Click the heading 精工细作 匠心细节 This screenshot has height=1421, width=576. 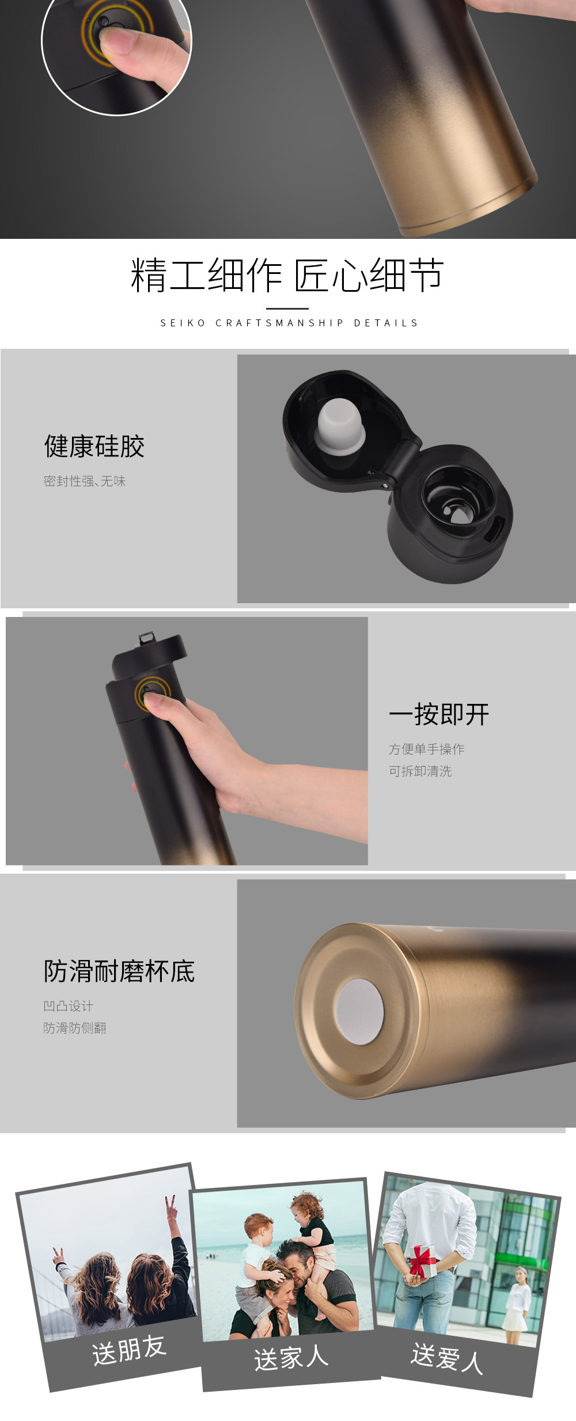pyautogui.click(x=287, y=275)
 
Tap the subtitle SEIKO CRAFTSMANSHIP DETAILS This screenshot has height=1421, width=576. pyautogui.click(x=289, y=323)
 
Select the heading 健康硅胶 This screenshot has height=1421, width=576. pyautogui.click(x=94, y=446)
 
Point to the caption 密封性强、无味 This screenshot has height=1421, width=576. pyautogui.click(x=85, y=481)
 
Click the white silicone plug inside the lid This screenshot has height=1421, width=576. pyautogui.click(x=340, y=426)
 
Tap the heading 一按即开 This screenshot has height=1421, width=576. pyautogui.click(x=439, y=714)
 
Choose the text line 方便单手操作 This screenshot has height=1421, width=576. pyautogui.click(x=426, y=749)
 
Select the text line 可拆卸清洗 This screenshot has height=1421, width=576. pyautogui.click(x=420, y=771)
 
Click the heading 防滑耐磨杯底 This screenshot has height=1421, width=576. pyautogui.click(x=119, y=971)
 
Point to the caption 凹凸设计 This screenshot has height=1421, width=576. pyautogui.click(x=68, y=1006)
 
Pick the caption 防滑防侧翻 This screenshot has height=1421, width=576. pyautogui.click(x=75, y=1028)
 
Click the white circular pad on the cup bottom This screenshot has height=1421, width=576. pyautogui.click(x=359, y=1012)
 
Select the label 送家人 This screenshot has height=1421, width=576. pyautogui.click(x=291, y=1358)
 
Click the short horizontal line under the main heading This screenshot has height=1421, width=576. pyautogui.click(x=287, y=308)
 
